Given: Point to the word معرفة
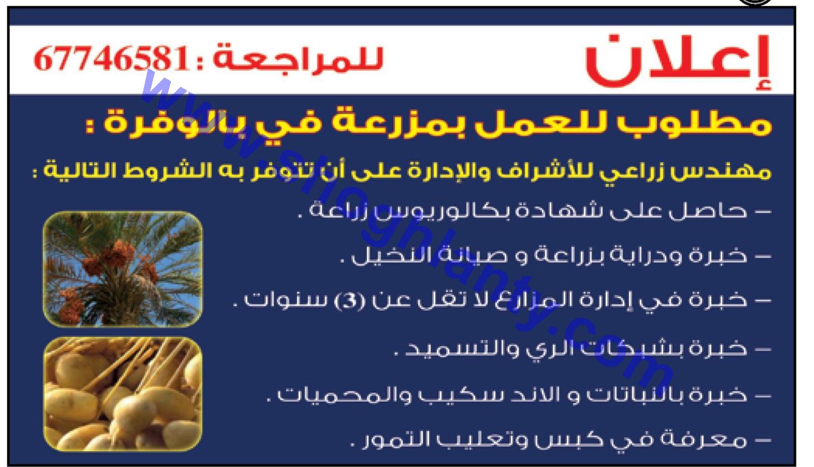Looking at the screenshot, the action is pos(707,440).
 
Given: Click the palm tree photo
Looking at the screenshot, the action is pos(123,269).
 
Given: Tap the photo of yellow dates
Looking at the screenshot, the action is pos(123,394).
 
